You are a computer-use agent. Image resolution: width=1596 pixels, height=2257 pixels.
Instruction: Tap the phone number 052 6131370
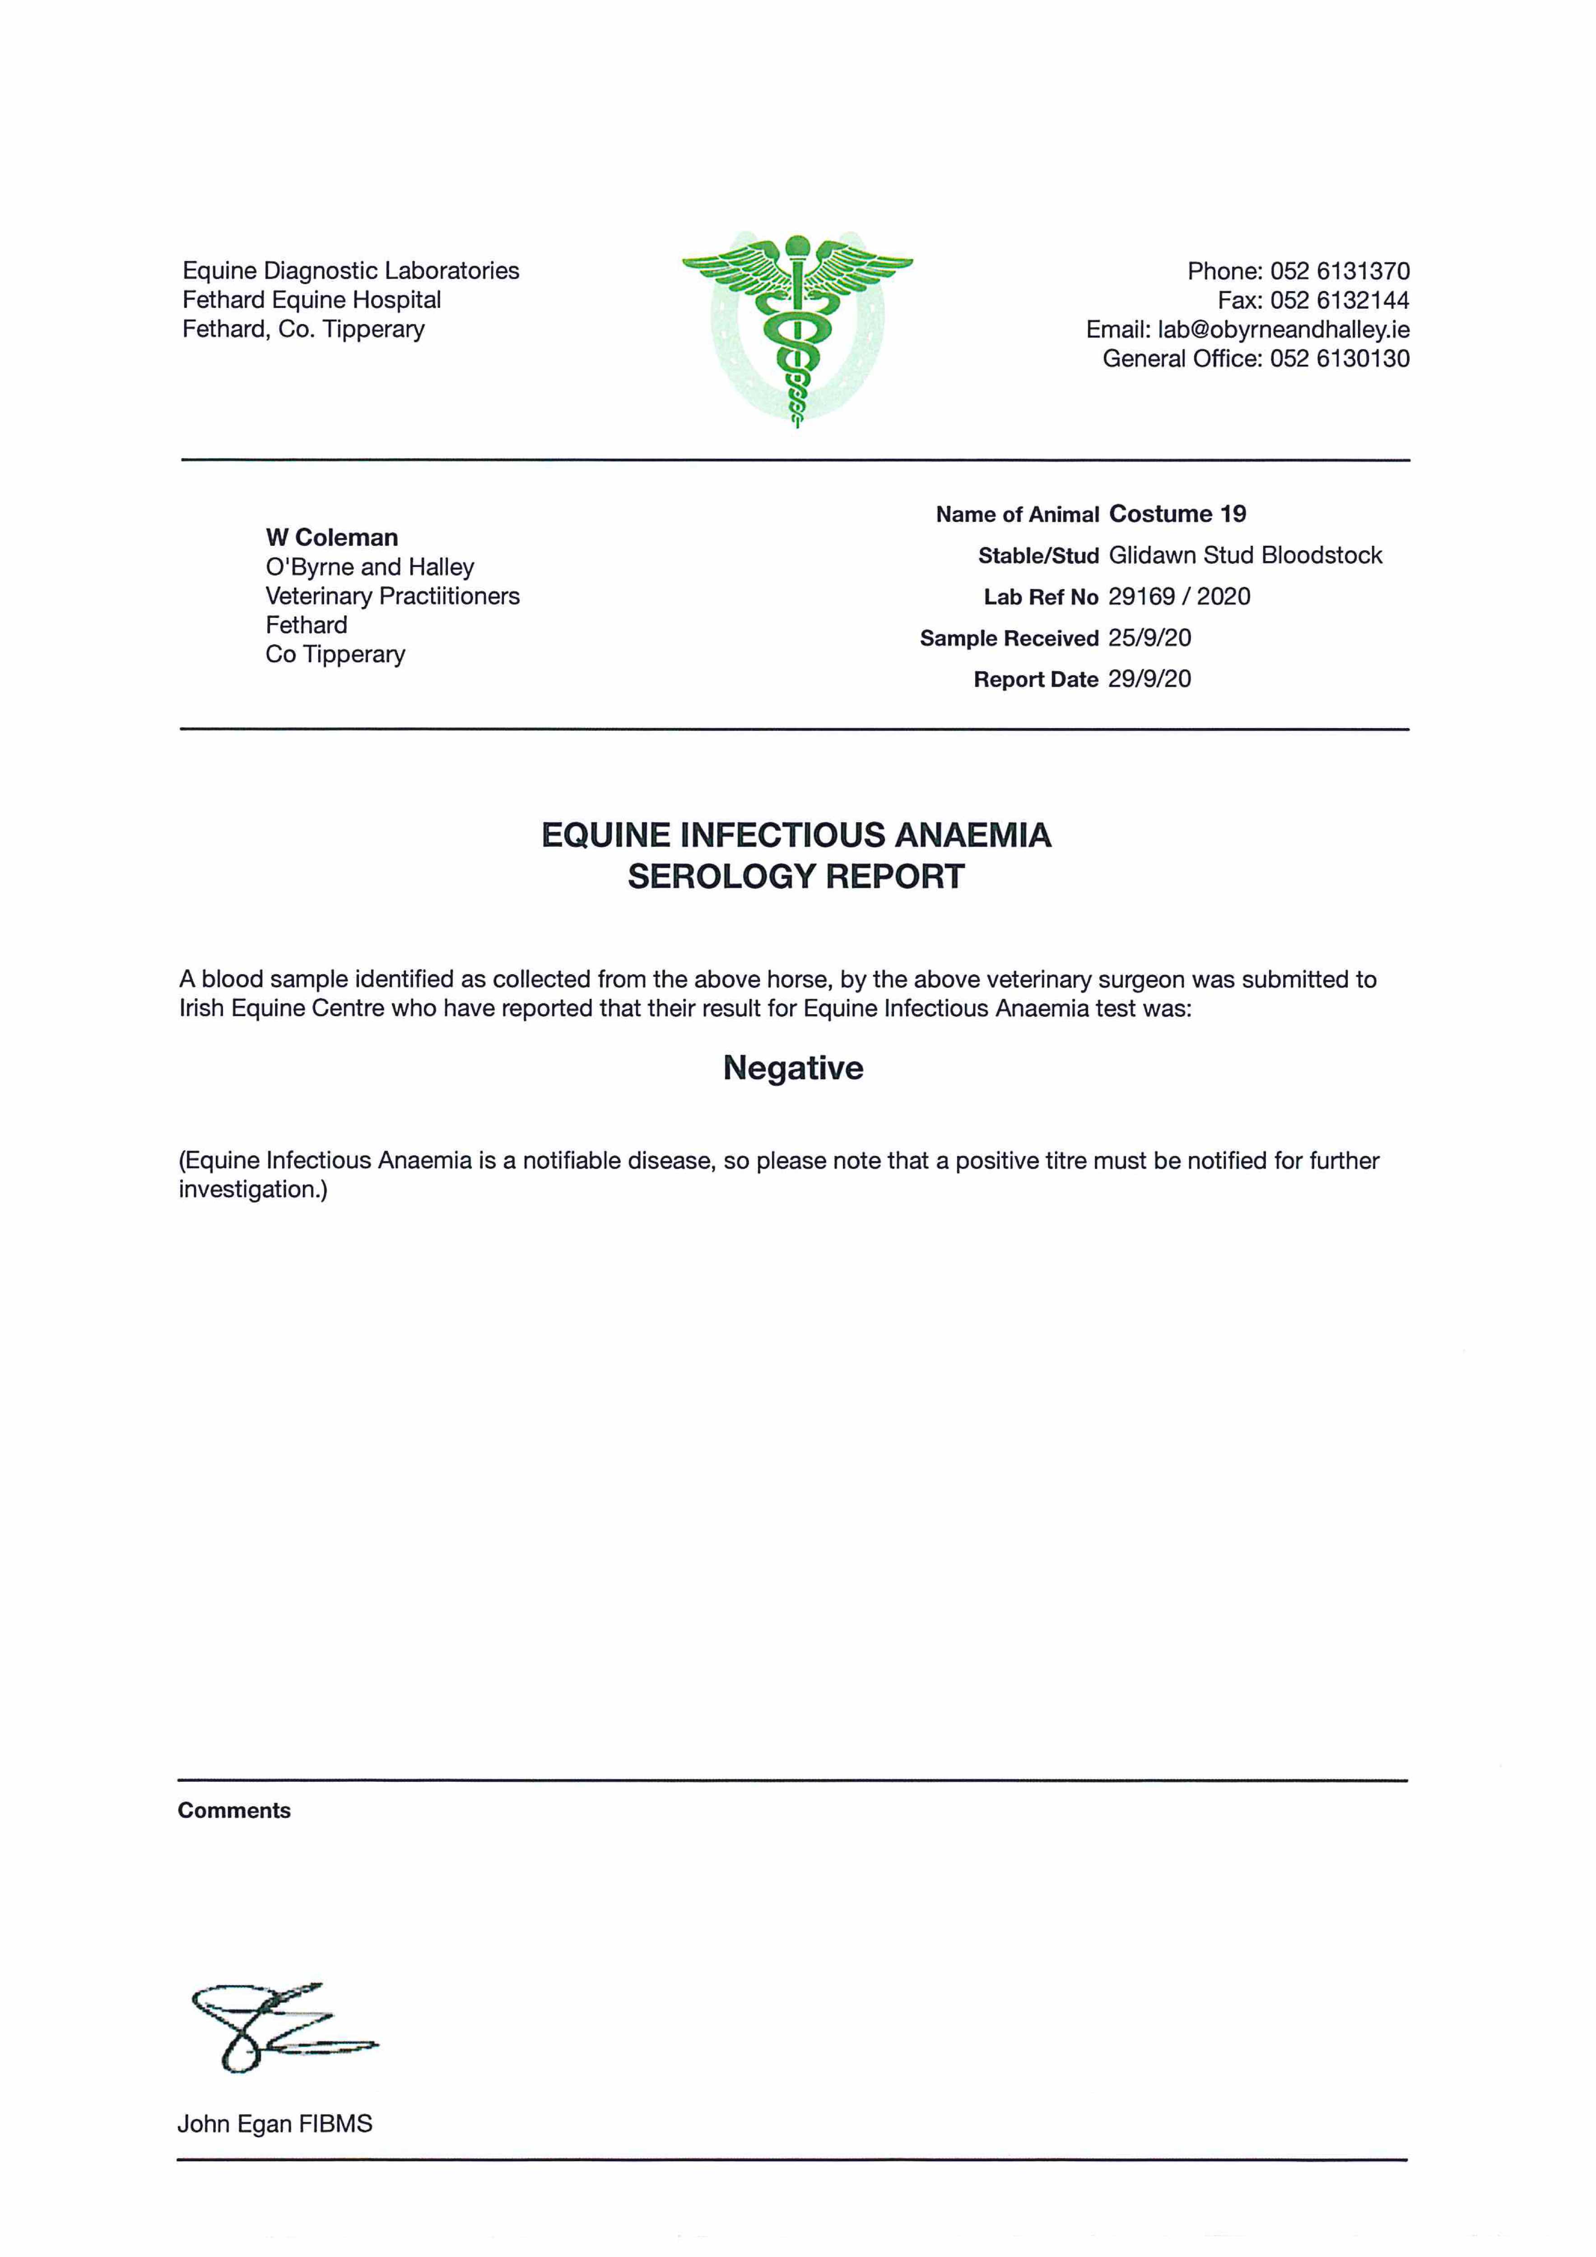[x=1340, y=271]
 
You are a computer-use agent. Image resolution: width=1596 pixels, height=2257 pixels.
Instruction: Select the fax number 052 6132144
[x=1340, y=301]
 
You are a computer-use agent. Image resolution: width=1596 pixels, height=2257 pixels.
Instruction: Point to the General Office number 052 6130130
[x=1340, y=359]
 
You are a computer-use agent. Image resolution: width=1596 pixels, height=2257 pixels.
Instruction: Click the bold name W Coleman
[x=331, y=538]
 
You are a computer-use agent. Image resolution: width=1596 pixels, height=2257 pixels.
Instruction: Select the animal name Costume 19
[x=1177, y=514]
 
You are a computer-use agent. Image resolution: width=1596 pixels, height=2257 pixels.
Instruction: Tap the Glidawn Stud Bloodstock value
[x=1245, y=555]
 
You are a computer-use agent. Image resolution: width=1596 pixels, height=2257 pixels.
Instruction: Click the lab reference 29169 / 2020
[x=1179, y=597]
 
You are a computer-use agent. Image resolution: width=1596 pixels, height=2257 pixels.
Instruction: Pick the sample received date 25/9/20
[x=1149, y=638]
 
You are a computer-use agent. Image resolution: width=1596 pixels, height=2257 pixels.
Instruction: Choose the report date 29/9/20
[x=1149, y=679]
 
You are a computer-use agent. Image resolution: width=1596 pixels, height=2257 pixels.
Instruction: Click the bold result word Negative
[x=794, y=1068]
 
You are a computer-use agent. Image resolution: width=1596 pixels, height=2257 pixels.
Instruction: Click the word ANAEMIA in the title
[x=973, y=836]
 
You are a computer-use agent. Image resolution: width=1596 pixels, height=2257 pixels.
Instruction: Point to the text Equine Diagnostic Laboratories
[x=351, y=271]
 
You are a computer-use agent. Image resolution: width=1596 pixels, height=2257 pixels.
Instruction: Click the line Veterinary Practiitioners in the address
[x=392, y=597]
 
